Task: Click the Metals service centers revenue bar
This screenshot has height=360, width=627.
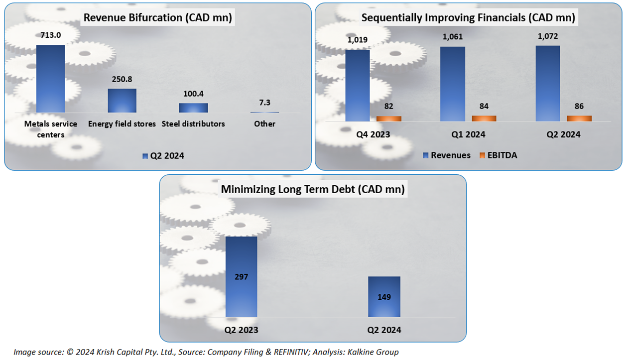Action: tap(50, 79)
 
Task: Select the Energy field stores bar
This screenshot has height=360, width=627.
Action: tap(122, 101)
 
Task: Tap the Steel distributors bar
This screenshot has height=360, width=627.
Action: tap(193, 108)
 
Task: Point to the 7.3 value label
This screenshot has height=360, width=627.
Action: tap(264, 103)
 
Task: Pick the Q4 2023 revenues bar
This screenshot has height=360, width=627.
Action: tap(357, 85)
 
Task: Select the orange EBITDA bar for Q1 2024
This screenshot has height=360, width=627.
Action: tap(484, 119)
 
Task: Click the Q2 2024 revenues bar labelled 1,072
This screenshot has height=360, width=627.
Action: tap(548, 83)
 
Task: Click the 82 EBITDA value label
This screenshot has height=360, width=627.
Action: tap(388, 106)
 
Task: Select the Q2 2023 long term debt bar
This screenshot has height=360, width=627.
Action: tap(242, 276)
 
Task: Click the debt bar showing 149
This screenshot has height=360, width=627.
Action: tap(384, 297)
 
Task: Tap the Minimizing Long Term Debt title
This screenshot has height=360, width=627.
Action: tap(313, 189)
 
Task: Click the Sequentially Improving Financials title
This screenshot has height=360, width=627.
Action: tap(468, 18)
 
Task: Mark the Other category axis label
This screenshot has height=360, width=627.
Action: tap(264, 123)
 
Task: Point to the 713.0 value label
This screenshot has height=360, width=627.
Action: tap(50, 36)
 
